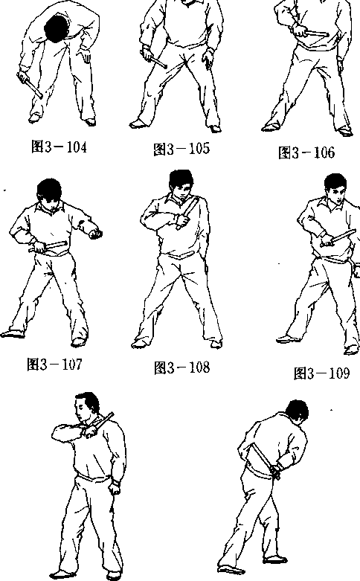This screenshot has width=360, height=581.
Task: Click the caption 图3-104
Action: pyautogui.click(x=59, y=147)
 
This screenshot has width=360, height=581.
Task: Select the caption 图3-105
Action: pyautogui.click(x=181, y=149)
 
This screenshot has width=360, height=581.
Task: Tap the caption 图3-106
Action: pyautogui.click(x=306, y=153)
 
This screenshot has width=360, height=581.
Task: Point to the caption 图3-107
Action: pyautogui.click(x=54, y=365)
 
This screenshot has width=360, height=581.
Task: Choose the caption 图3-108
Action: pyautogui.click(x=181, y=367)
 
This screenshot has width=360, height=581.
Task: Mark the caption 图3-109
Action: pyautogui.click(x=321, y=373)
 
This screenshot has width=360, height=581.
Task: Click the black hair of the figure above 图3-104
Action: pyautogui.click(x=57, y=28)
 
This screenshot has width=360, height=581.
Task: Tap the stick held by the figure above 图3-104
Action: pyautogui.click(x=30, y=86)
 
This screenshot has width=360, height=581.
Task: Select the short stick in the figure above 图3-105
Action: pyautogui.click(x=155, y=60)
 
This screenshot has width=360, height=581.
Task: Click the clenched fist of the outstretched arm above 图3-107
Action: pyautogui.click(x=95, y=234)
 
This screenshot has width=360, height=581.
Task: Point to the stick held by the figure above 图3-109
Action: pyautogui.click(x=339, y=237)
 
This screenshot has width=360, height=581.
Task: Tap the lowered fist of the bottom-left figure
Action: pyautogui.click(x=115, y=487)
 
